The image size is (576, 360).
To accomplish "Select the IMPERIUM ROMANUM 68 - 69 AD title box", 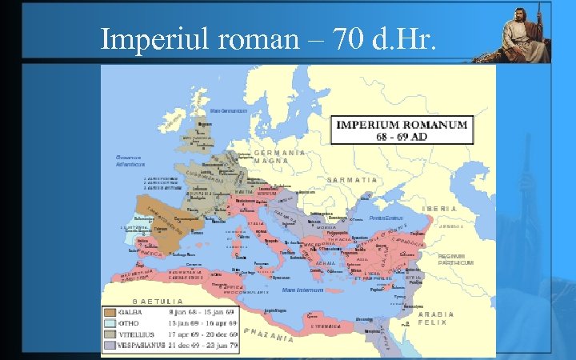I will [403, 130].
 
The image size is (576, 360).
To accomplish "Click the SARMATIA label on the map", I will [351, 179].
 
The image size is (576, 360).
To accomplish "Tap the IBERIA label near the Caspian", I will [439, 208].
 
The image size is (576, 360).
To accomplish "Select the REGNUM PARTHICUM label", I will [455, 259].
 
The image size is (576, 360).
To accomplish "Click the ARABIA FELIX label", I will [436, 318].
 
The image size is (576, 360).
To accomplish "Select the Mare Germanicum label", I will [227, 110].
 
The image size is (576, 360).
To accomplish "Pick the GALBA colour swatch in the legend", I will [110, 311].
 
